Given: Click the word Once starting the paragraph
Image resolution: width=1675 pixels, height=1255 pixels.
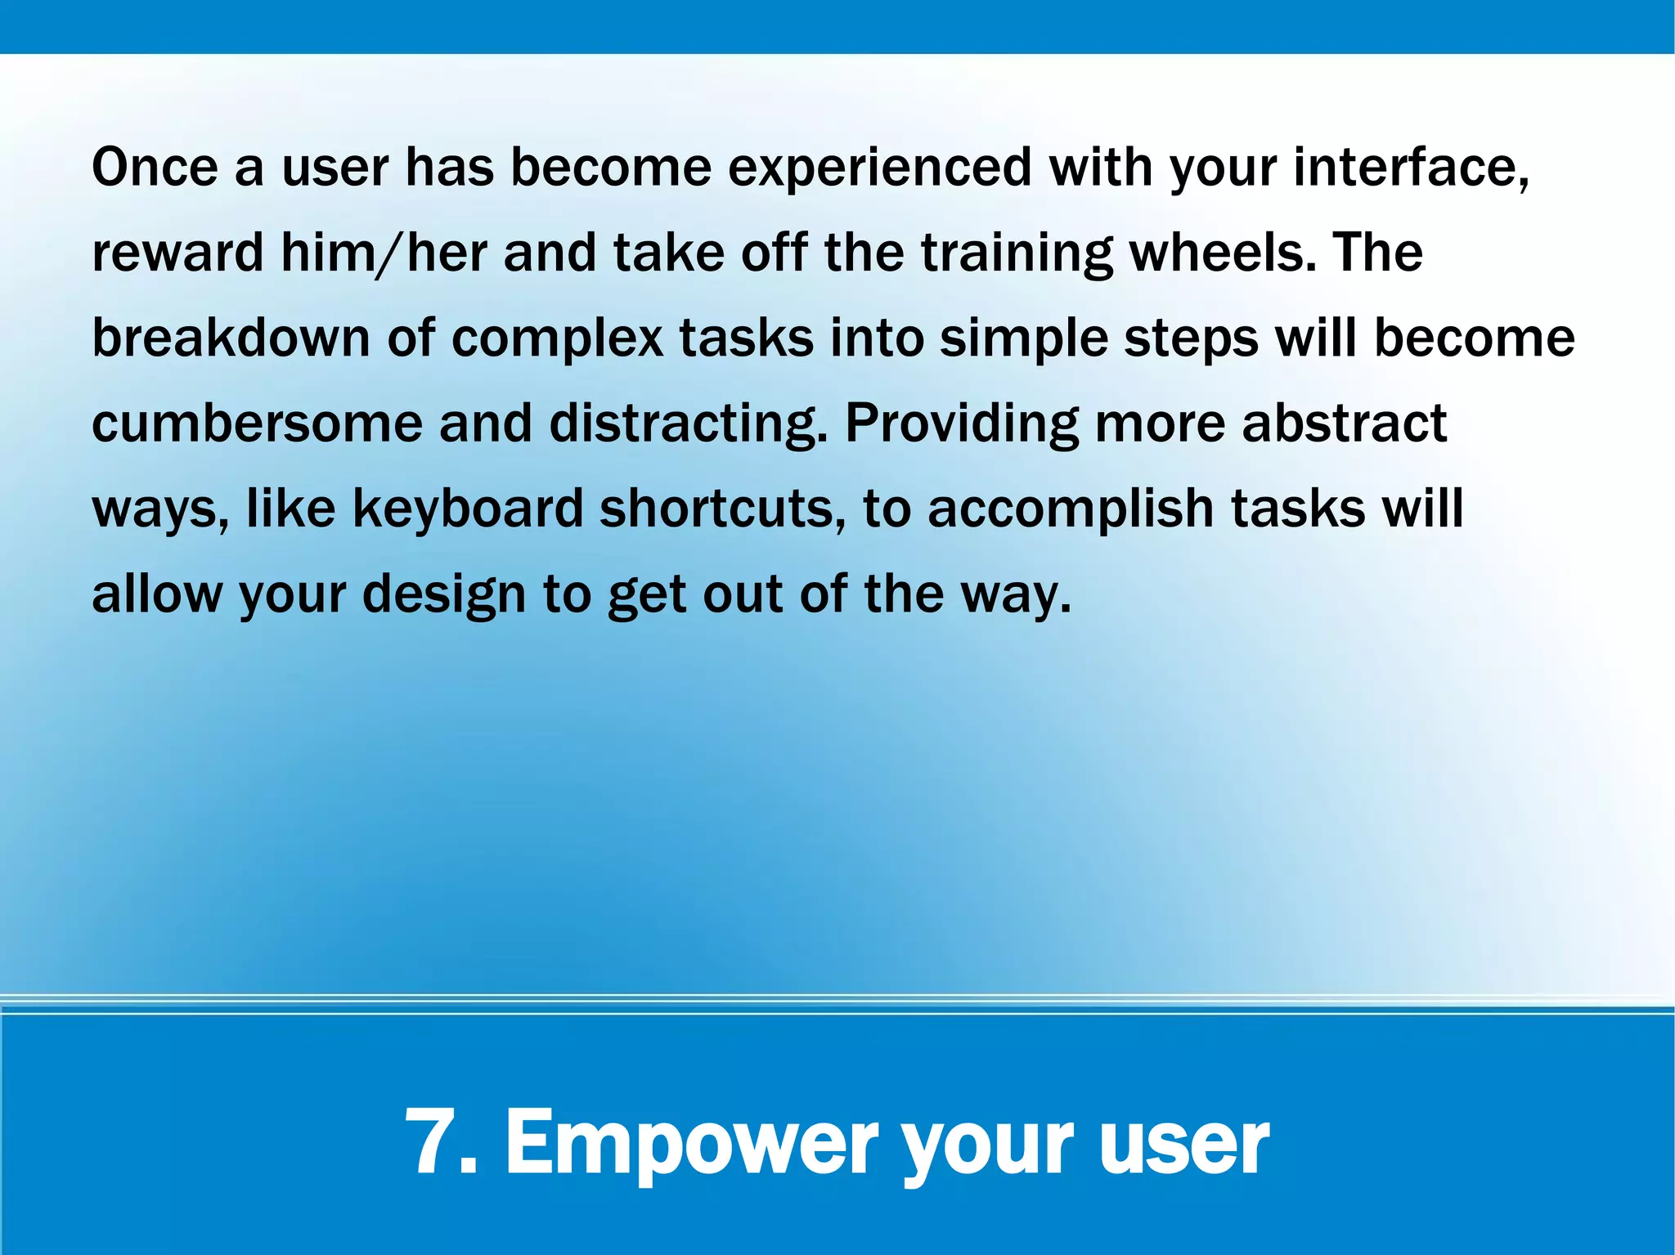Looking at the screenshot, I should [x=155, y=168].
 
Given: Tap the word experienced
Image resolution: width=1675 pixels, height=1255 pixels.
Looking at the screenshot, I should [x=880, y=168].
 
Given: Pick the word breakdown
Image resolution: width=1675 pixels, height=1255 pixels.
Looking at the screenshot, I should [x=231, y=338].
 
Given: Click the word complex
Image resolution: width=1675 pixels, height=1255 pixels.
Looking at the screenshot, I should [x=557, y=338].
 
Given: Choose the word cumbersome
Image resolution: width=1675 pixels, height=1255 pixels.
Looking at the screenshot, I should [x=256, y=424].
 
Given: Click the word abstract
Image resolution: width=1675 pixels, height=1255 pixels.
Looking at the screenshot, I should [x=1344, y=424].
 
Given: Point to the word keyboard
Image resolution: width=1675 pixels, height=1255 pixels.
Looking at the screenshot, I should [x=467, y=509].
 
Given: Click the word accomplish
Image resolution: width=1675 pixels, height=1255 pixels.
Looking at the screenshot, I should [x=1071, y=509].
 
